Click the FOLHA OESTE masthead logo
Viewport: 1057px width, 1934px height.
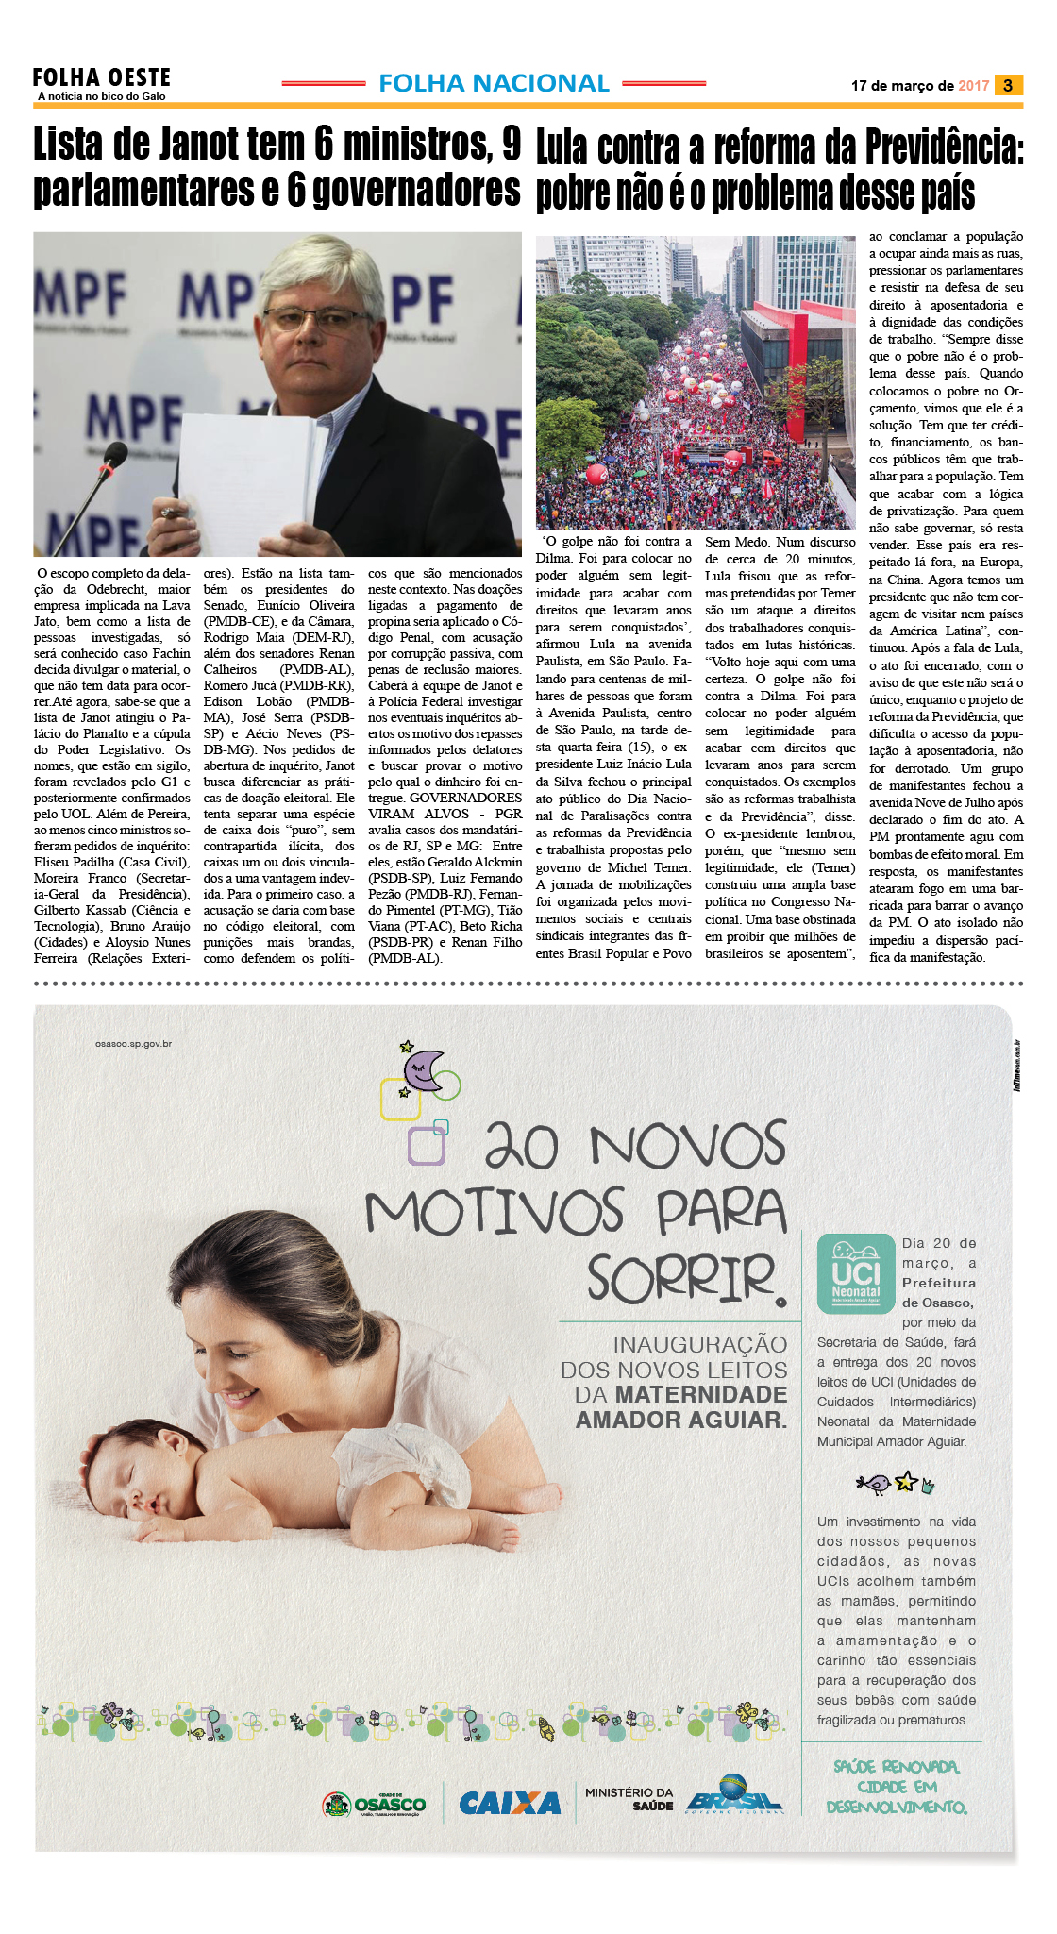(x=102, y=78)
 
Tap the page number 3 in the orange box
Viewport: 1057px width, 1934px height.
(x=1008, y=85)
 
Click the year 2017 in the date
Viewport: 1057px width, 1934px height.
(x=973, y=86)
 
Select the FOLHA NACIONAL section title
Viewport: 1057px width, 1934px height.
(x=494, y=83)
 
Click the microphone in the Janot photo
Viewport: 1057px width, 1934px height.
(x=114, y=459)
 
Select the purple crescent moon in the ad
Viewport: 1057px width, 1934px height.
(x=423, y=1069)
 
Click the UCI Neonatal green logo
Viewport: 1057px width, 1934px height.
(x=855, y=1274)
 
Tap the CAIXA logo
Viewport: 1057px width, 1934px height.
(x=510, y=1804)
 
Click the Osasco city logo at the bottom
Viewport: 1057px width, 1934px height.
(x=375, y=1804)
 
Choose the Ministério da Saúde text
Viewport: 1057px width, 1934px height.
(x=629, y=1798)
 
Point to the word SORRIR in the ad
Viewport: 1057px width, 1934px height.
(x=681, y=1279)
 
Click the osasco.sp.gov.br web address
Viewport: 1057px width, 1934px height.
(x=133, y=1044)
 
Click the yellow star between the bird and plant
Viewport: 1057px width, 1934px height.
(x=906, y=1481)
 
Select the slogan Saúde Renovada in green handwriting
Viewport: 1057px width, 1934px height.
(x=897, y=1767)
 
